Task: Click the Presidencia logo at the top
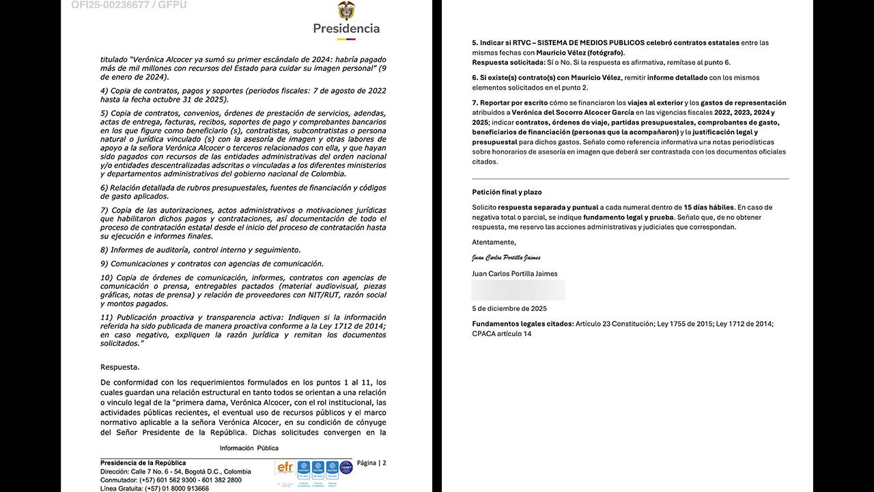[346, 18]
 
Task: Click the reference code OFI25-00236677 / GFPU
[128, 5]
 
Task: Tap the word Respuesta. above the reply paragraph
[119, 367]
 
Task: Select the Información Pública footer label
[249, 448]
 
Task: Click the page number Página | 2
[371, 463]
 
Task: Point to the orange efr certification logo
[285, 468]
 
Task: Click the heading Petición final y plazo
[507, 192]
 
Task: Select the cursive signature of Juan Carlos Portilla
[506, 258]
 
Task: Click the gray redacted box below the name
[518, 290]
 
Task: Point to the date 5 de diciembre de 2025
[509, 309]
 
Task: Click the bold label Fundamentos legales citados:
[522, 324]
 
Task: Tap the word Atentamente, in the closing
[494, 242]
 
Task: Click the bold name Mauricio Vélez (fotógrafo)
[580, 53]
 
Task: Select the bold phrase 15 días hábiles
[708, 207]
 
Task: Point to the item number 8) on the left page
[104, 250]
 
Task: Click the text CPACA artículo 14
[501, 334]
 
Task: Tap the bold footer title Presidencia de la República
[143, 463]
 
